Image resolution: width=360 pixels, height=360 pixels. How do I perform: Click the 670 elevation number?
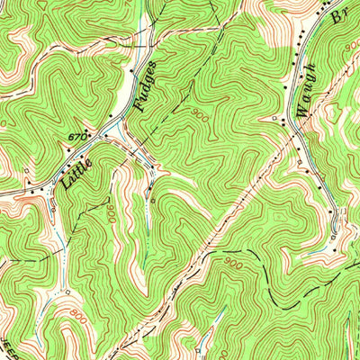(76, 136)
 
